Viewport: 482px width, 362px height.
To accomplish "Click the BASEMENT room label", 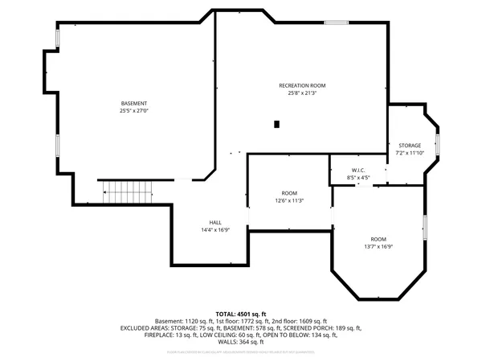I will [134, 104].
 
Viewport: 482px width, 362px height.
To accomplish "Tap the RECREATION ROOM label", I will [302, 85].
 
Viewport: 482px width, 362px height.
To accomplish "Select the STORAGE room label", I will [409, 146].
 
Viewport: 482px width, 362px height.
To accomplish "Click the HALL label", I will [215, 222].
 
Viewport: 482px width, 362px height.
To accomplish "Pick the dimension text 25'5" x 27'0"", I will [134, 111].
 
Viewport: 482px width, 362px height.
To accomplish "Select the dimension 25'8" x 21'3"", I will [302, 93].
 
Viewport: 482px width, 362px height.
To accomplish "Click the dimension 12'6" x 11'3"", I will [289, 200].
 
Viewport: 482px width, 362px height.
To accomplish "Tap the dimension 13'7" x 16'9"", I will [378, 247].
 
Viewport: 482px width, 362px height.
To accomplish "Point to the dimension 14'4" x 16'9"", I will [215, 229].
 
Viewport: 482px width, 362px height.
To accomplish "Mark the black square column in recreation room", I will [276, 124].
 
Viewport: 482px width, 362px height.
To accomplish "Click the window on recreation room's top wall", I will [337, 23].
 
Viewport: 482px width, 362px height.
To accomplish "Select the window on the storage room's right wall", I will [438, 146].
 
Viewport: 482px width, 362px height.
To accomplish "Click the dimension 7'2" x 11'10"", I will [409, 153].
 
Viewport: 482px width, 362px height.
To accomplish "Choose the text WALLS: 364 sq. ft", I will [241, 342].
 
